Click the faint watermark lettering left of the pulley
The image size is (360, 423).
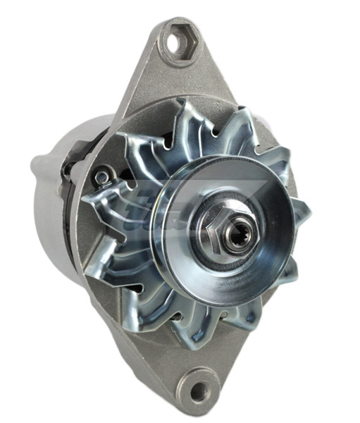[141, 211]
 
